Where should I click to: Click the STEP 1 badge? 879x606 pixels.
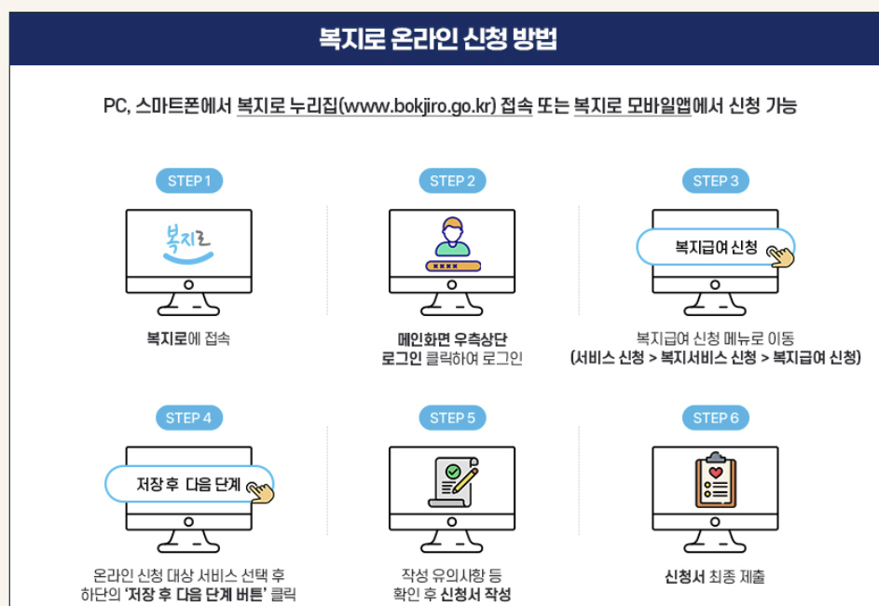tap(188, 181)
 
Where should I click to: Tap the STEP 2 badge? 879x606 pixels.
tap(452, 181)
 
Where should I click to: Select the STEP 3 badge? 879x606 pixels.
tap(715, 181)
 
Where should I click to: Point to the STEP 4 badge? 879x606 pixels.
tap(188, 418)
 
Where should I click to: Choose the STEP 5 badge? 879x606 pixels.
tap(452, 418)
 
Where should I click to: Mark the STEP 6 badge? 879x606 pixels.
tap(715, 418)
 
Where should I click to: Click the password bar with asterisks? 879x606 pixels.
tap(452, 266)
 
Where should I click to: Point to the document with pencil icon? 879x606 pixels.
tap(452, 481)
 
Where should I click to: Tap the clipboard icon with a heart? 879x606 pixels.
tap(715, 481)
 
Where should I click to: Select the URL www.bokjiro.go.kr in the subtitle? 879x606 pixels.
tap(418, 106)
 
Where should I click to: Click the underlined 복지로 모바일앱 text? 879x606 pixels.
tap(632, 106)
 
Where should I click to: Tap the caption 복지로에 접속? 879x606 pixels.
tap(188, 338)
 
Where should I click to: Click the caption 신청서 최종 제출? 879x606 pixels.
tap(715, 577)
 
